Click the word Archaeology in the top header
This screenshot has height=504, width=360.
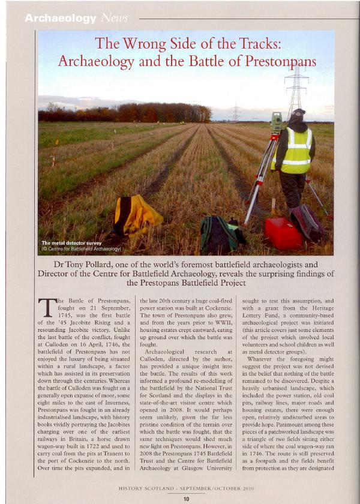point(60,19)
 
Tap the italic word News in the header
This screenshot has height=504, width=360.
point(115,19)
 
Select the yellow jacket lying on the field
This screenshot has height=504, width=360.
point(137,214)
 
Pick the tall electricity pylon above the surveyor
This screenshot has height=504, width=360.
point(296,87)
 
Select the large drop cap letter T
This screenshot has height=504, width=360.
point(46,307)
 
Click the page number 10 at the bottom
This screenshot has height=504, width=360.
point(186,498)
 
